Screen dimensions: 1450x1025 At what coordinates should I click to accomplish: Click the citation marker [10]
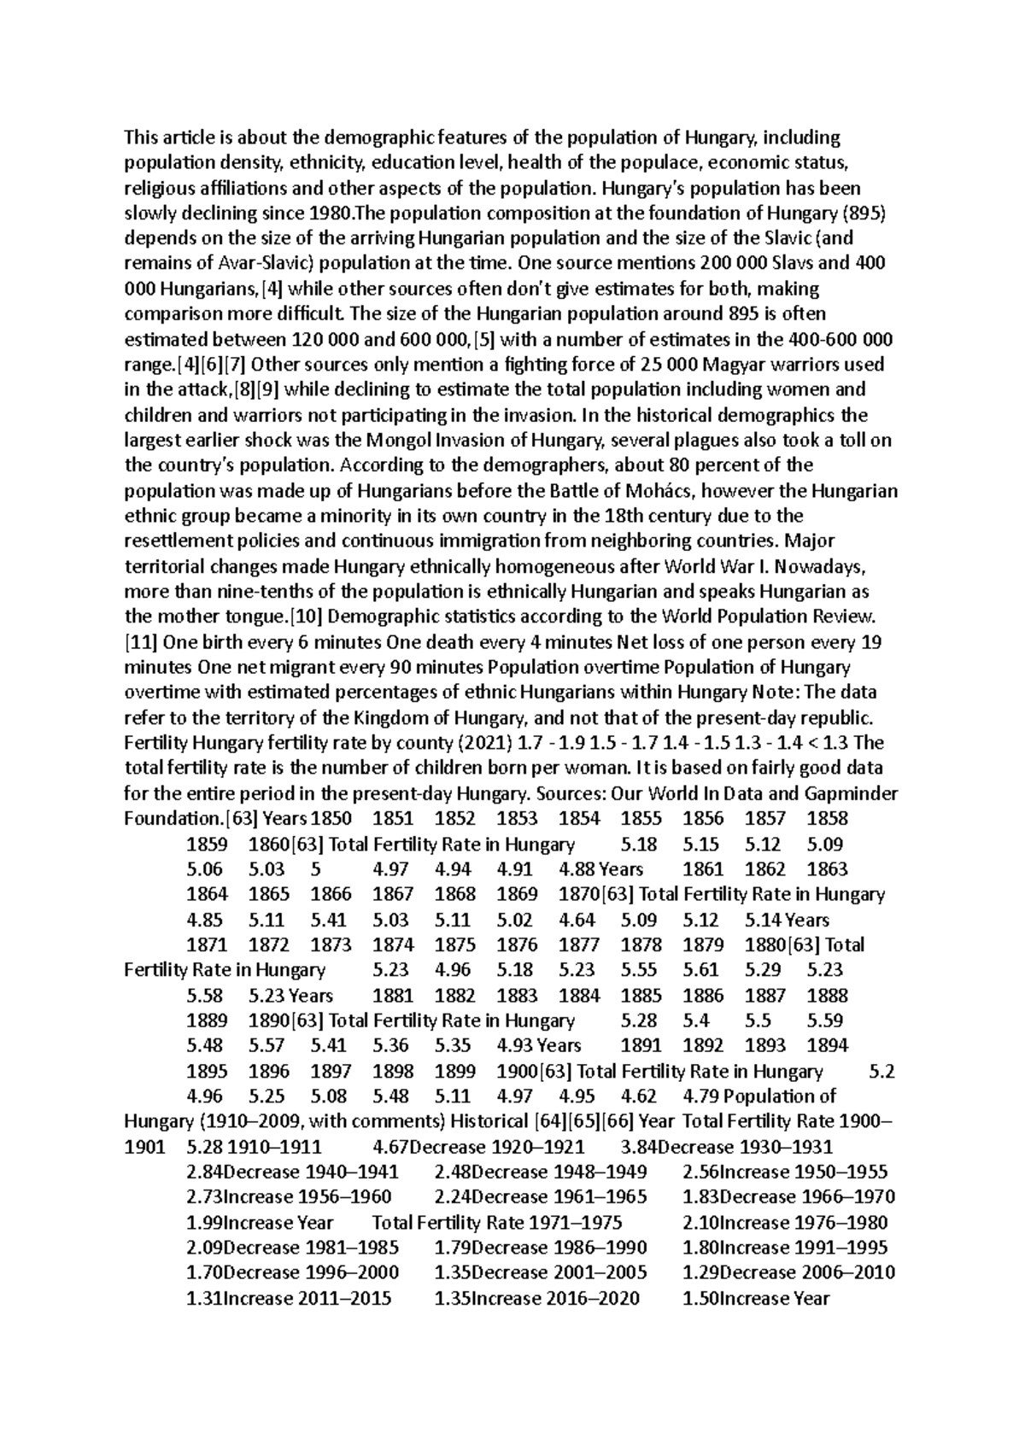coord(301,617)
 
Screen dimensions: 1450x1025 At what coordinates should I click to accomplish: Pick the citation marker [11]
coord(140,642)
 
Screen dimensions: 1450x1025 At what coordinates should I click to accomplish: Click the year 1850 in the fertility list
coord(331,818)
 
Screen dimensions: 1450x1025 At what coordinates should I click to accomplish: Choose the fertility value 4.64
coord(579,920)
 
